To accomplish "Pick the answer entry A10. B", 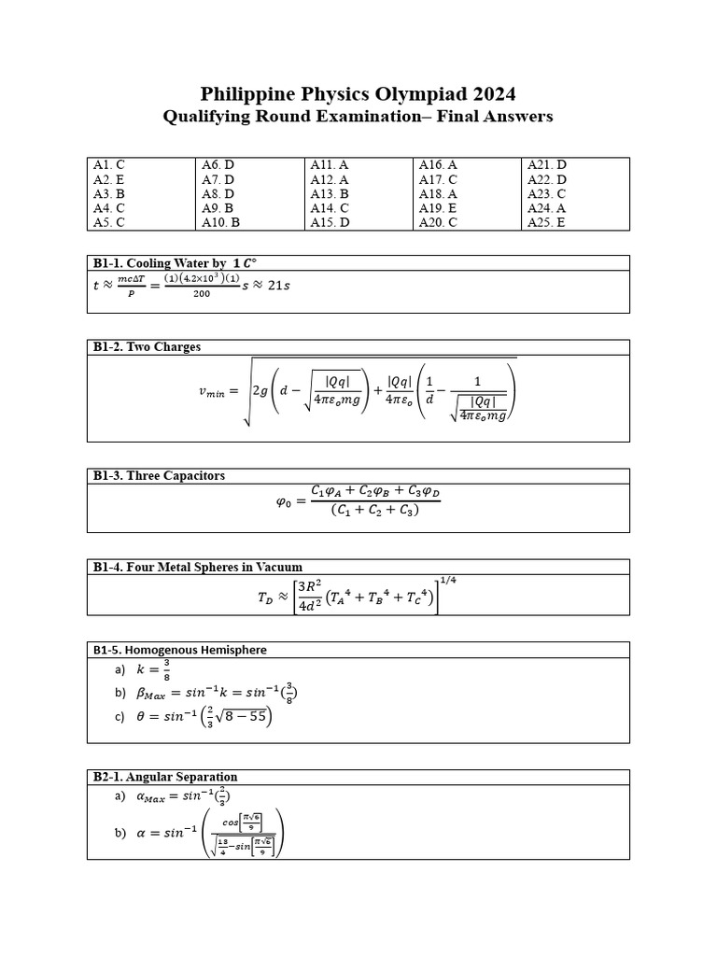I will pyautogui.click(x=220, y=223).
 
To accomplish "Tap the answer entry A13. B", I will pyautogui.click(x=330, y=194).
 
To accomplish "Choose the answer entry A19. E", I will pyautogui.click(x=438, y=208).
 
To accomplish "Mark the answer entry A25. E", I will pyautogui.click(x=547, y=223).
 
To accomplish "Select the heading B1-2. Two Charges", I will pyautogui.click(x=147, y=347).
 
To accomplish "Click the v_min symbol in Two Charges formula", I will pyautogui.click(x=214, y=392).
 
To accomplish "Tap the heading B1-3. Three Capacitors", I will pyautogui.click(x=159, y=475).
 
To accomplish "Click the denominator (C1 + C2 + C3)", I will pyautogui.click(x=374, y=511).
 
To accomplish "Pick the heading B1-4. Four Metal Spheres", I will pyautogui.click(x=197, y=567).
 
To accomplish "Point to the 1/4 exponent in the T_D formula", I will pyautogui.click(x=448, y=581).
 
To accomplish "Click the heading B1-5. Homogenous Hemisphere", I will pyautogui.click(x=179, y=650).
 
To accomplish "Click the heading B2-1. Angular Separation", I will pyautogui.click(x=164, y=777).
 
